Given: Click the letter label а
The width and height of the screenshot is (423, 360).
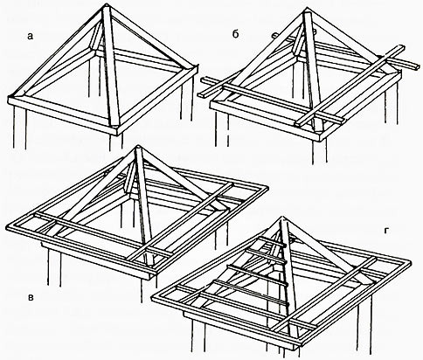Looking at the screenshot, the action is [31, 36].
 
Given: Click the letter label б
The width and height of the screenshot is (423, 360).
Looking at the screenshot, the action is [235, 34].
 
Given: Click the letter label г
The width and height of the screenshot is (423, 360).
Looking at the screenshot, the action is [386, 231].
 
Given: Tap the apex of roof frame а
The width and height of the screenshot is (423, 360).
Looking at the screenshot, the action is [106, 4].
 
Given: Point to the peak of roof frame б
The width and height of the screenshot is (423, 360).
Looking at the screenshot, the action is [306, 10].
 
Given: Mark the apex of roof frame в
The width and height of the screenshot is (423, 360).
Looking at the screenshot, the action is [138, 147].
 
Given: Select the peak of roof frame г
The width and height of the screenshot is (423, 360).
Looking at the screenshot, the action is [282, 218].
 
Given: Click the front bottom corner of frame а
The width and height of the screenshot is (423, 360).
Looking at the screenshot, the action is [116, 135].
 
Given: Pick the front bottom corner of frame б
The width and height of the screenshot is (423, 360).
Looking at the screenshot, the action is [320, 141].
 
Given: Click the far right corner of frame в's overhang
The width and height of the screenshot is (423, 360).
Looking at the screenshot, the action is [267, 188].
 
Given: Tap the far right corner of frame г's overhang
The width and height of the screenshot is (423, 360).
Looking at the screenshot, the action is [410, 263].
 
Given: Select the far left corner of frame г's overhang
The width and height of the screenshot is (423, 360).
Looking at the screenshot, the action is [153, 299].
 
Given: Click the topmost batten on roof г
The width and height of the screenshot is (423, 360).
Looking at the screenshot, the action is [272, 242].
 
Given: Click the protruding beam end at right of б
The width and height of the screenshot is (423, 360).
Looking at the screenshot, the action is [413, 66].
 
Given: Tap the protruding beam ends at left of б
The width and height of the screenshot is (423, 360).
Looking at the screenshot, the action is [207, 86].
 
